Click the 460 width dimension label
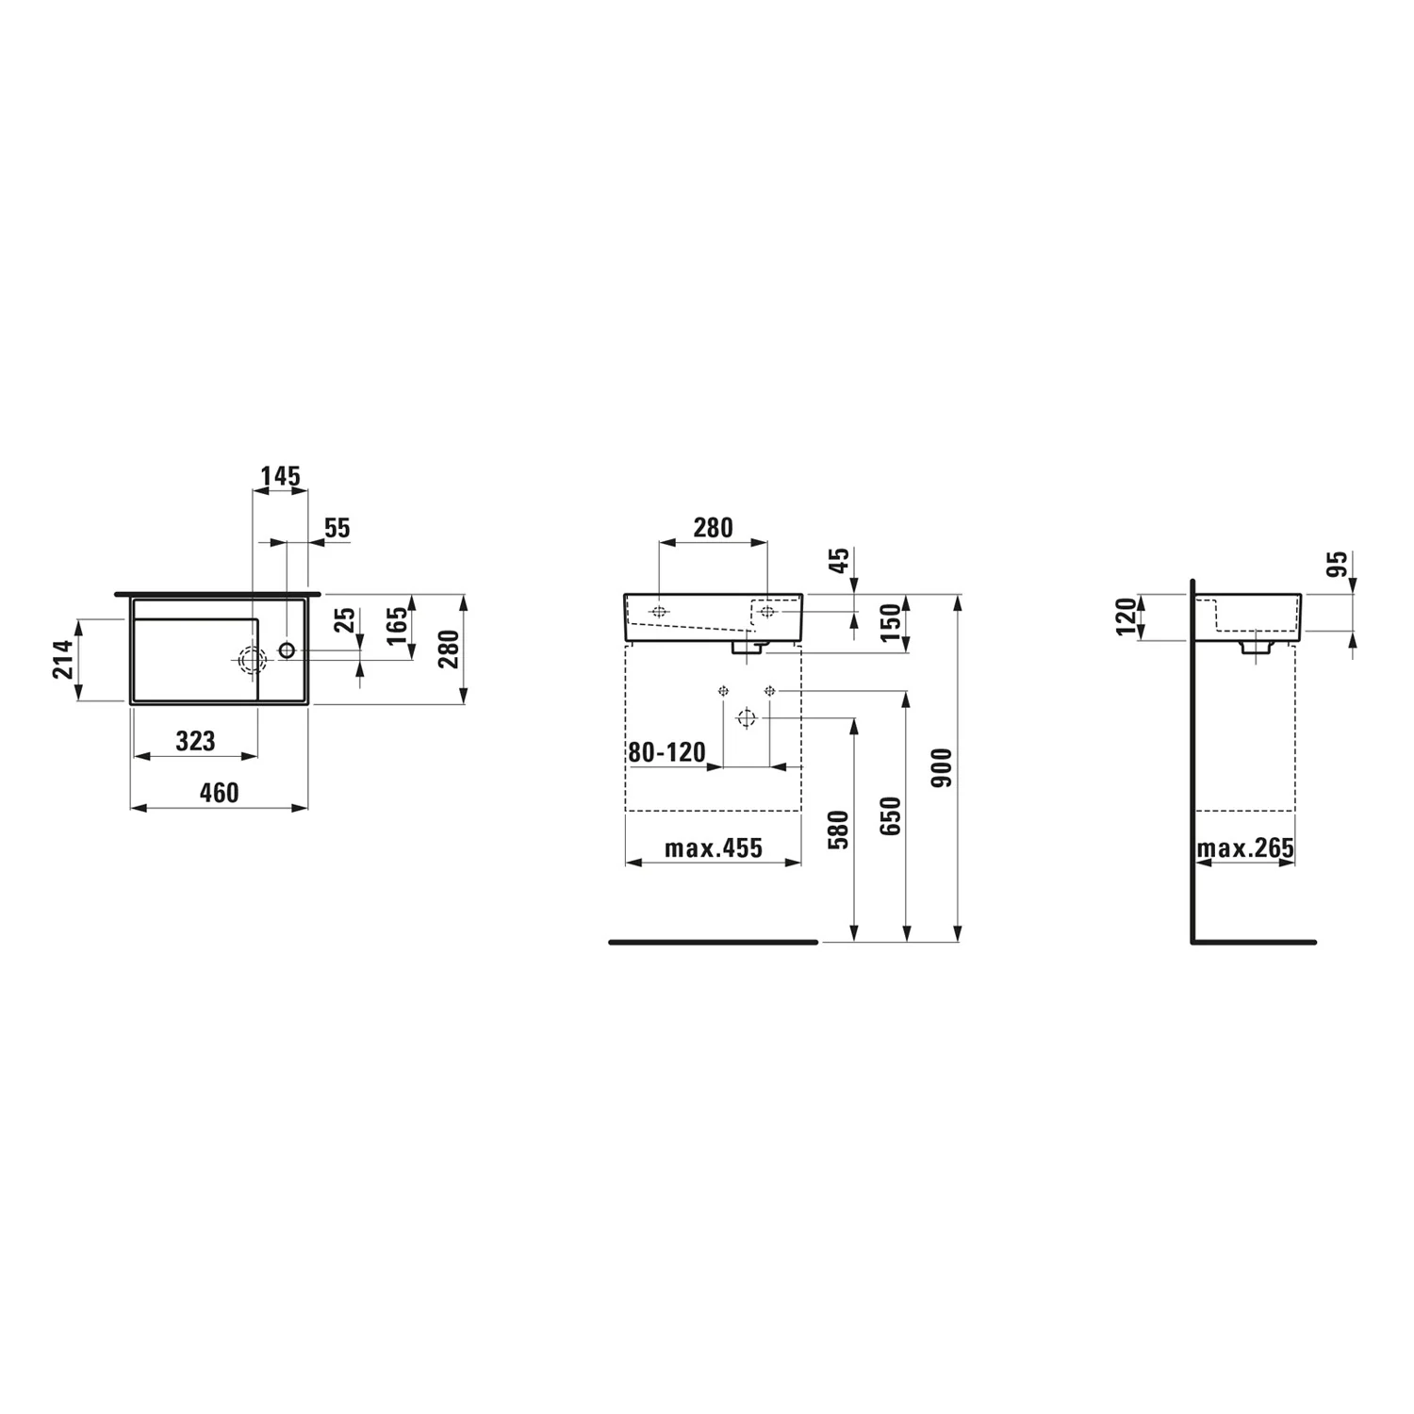219,793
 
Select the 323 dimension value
195,741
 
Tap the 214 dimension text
63,659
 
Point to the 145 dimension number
280,476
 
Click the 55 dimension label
337,528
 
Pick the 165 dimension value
398,626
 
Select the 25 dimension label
345,619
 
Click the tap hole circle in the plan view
287,649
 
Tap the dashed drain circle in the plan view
251,661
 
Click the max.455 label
714,848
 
